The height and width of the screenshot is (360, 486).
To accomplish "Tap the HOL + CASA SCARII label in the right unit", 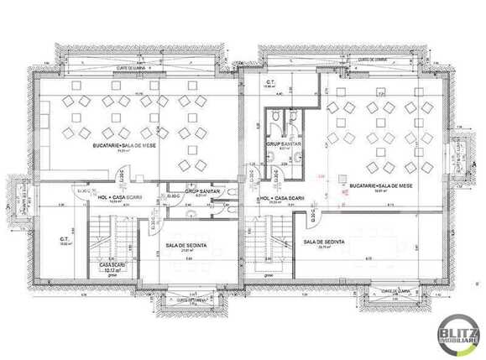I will pyautogui.click(x=277, y=198).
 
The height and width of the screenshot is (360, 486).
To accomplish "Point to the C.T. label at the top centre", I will pyautogui.click(x=271, y=82).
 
